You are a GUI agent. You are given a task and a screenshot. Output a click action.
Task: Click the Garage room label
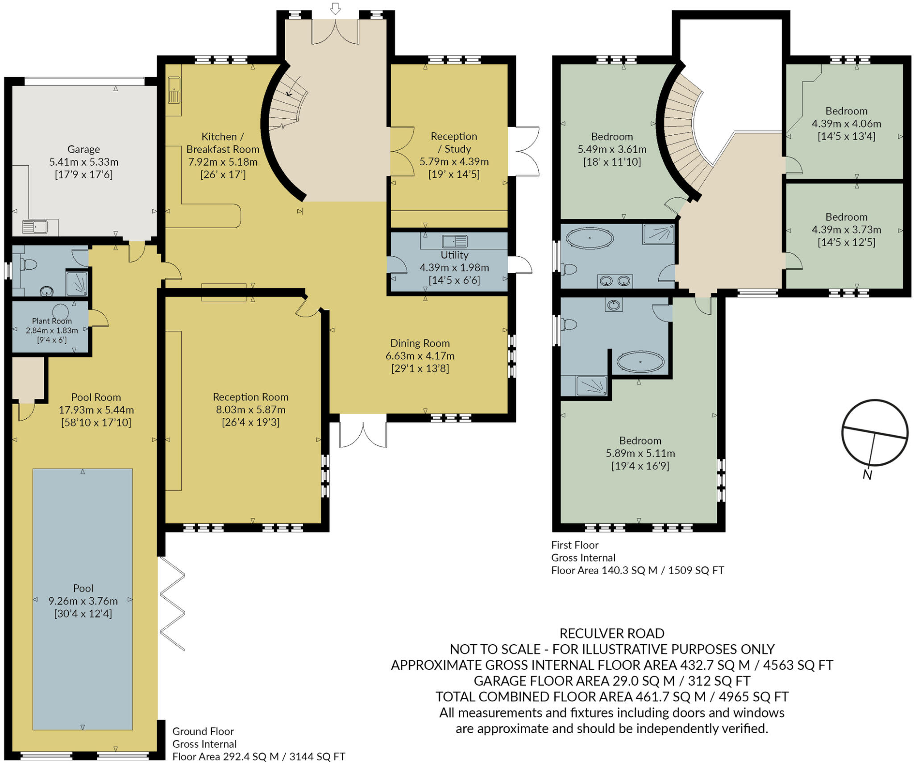point(83,149)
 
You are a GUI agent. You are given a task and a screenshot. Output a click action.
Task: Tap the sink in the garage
point(35,227)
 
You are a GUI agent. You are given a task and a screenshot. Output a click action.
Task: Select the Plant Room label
point(52,321)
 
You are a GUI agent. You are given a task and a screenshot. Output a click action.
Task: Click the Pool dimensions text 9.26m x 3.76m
point(83,601)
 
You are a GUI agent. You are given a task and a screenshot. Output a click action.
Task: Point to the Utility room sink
point(454,242)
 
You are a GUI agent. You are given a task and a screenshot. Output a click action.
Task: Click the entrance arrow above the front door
point(335,8)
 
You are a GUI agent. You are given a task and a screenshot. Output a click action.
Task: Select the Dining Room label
point(420,343)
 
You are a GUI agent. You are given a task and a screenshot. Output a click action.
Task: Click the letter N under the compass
point(867,475)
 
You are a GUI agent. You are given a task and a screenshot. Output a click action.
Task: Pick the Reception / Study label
point(454,142)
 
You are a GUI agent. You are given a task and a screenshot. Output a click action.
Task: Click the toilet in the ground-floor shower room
point(29,264)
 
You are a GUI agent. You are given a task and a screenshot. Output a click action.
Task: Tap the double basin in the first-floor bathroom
point(615,281)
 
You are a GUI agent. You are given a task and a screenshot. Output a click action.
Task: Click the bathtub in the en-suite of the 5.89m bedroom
point(640,362)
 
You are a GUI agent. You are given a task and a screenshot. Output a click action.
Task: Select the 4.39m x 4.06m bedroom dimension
point(846,124)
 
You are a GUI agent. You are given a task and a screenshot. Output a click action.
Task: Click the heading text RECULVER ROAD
point(611,633)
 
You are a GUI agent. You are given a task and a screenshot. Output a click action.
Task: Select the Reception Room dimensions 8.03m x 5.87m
point(250,409)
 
